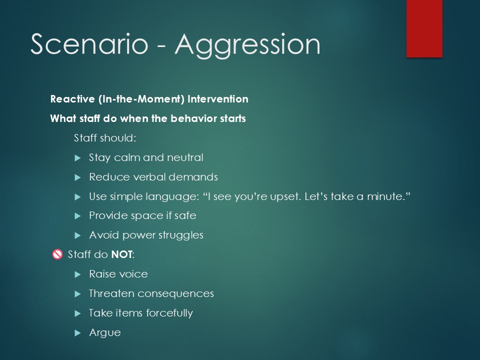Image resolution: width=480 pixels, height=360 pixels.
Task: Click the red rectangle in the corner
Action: point(424,28)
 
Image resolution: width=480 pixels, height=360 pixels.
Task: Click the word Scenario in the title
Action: point(89,44)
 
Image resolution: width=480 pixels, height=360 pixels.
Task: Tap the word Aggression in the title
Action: point(247,46)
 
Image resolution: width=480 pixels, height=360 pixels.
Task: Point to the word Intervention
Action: point(217,99)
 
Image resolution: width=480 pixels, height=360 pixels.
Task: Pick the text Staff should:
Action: point(105,138)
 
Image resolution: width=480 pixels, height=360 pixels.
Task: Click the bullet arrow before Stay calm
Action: point(78,158)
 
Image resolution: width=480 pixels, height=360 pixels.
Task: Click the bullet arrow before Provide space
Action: point(78,216)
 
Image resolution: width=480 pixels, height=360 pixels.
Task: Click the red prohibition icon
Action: point(57,254)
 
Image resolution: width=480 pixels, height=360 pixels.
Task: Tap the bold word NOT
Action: point(122,254)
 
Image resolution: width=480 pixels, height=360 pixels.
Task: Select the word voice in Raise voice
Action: point(133,274)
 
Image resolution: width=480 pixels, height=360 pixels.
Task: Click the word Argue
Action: point(104,333)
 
